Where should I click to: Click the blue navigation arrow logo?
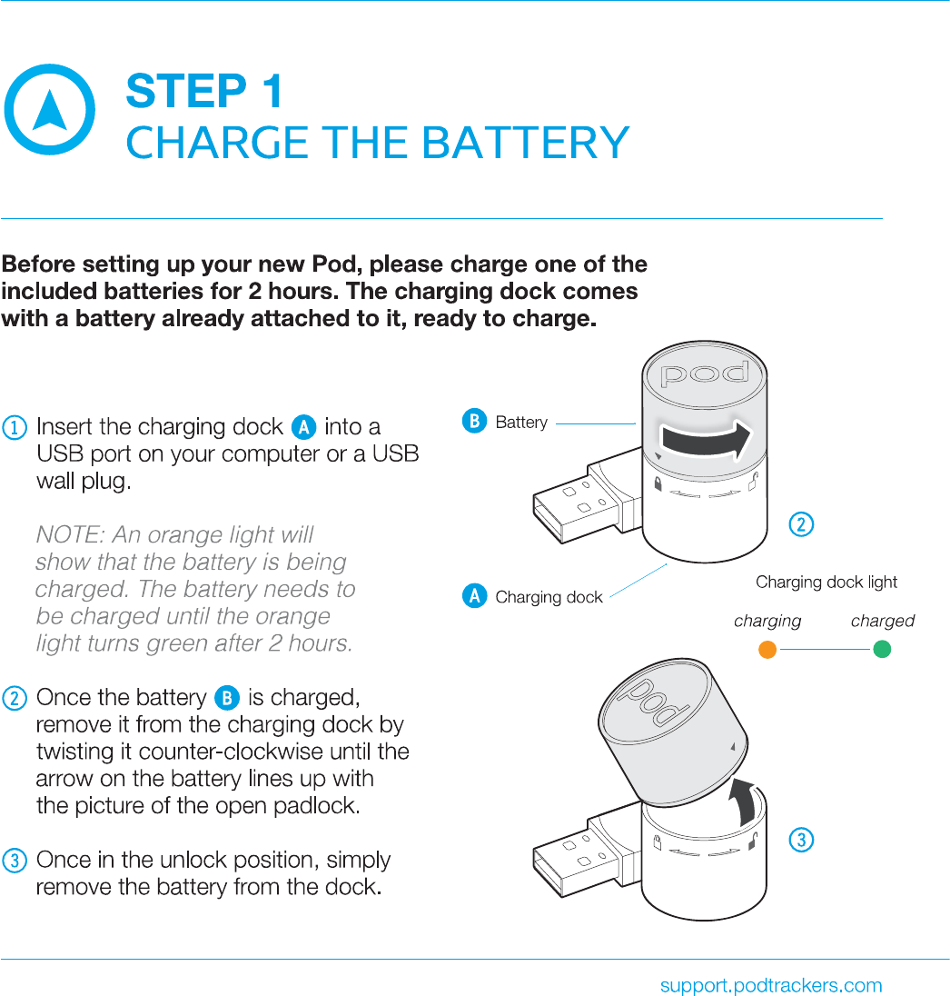49,110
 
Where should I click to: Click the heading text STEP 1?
204,92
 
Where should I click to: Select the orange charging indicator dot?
767,650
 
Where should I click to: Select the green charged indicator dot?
881,650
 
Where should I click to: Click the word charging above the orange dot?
767,622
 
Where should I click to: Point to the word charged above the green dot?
882,622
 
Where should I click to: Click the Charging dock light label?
826,582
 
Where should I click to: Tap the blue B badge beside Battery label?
473,422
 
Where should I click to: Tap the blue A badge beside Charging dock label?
473,596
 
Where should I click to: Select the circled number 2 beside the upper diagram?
800,524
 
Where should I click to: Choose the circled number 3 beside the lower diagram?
800,841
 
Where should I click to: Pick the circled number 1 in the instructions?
15,427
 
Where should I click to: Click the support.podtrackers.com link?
771,985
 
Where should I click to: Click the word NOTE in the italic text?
66,534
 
